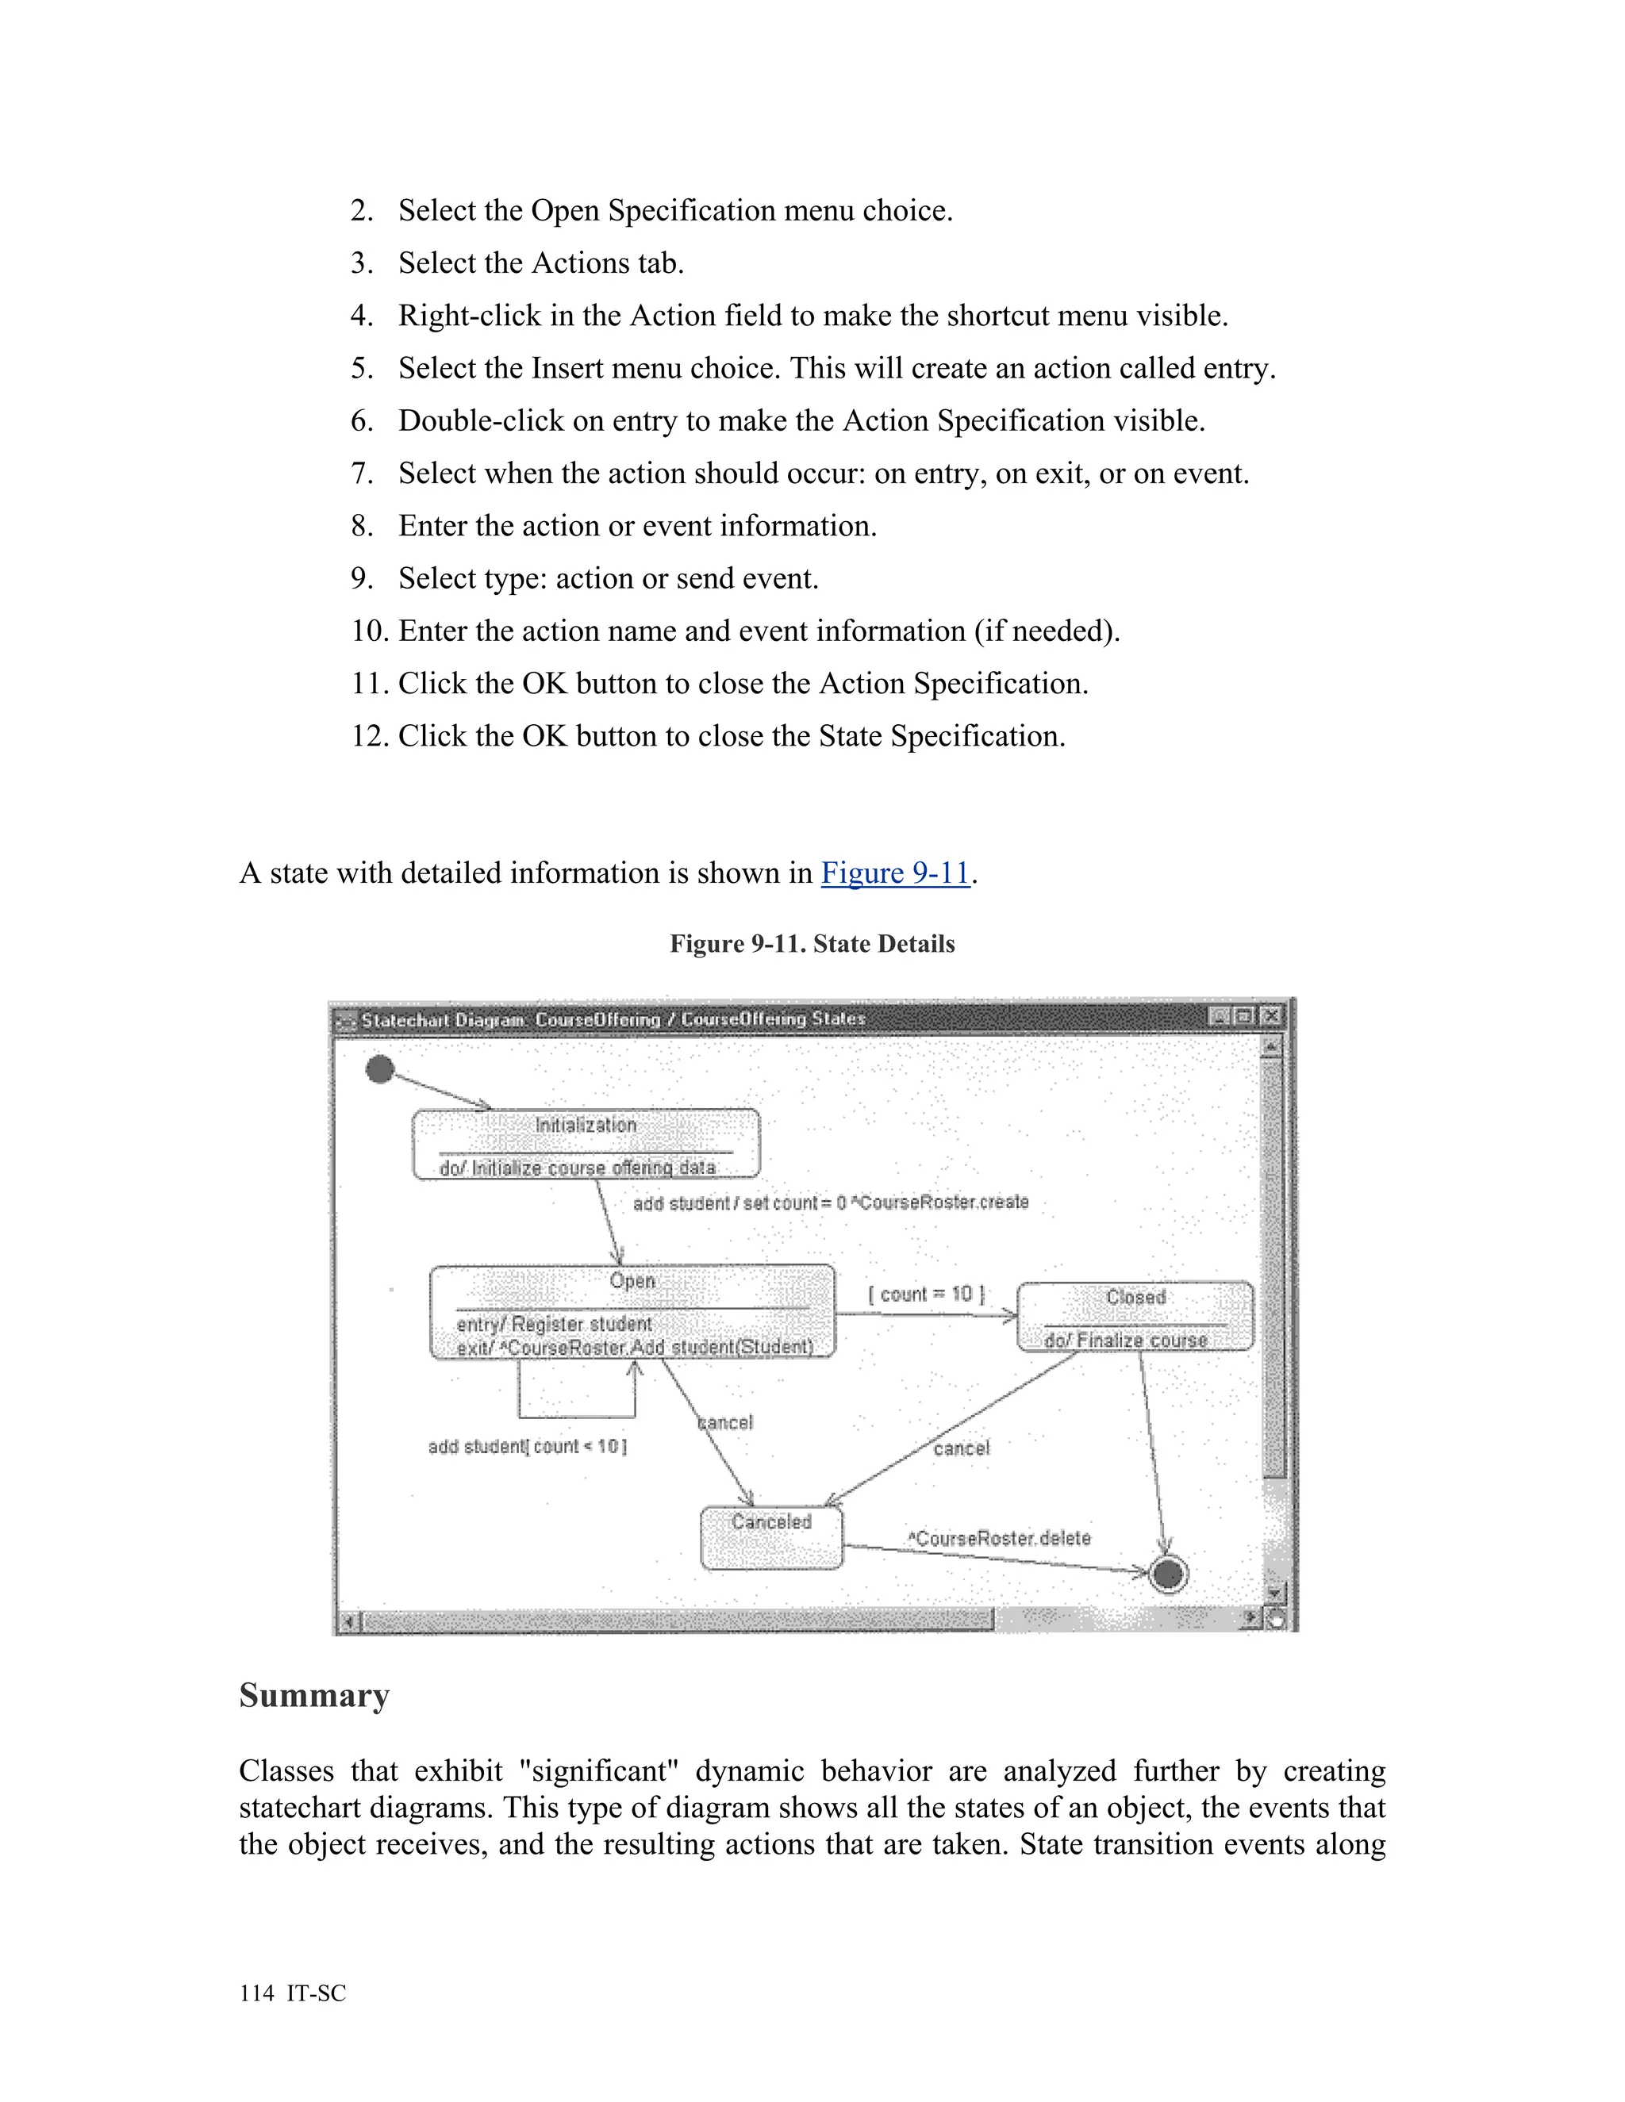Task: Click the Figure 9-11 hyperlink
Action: pos(894,873)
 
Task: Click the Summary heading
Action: pos(314,1695)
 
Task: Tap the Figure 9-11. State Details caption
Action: pos(812,943)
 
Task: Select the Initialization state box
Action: pos(586,1143)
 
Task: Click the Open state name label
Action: pos(632,1281)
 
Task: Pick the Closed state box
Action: pos(1135,1316)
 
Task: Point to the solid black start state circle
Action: pos(380,1069)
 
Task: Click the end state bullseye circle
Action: pos(1168,1575)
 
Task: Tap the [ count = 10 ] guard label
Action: pos(926,1295)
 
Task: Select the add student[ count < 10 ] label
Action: pos(528,1447)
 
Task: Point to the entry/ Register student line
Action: pos(554,1325)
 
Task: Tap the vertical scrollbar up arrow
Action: pos(1271,1046)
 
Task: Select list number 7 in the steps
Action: pos(362,474)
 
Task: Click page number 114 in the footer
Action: pos(257,1993)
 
